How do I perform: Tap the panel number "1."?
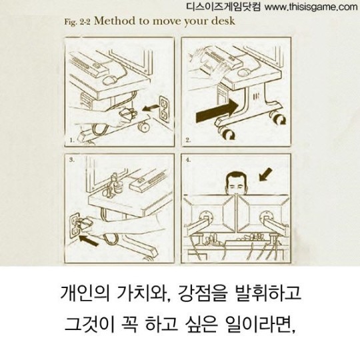pyautogui.click(x=72, y=141)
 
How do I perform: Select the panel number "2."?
pyautogui.click(x=189, y=141)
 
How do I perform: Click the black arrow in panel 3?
pyautogui.click(x=88, y=235)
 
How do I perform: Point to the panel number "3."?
pyautogui.click(x=71, y=161)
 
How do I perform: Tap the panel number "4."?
pyautogui.click(x=189, y=161)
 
